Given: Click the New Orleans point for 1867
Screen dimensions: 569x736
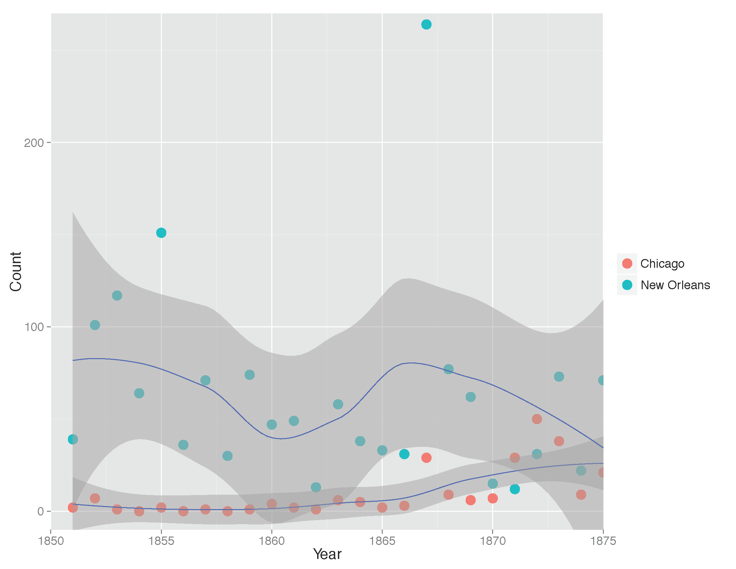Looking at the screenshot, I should pos(426,25).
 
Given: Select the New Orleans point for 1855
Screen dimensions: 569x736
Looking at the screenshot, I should pos(161,233).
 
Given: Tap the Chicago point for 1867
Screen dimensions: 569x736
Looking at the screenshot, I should pos(426,458).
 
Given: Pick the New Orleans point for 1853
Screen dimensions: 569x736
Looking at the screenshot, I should pos(117,296).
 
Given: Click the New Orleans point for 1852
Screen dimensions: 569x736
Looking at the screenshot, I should pos(95,325).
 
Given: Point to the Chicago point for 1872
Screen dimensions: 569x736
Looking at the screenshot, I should pos(537,419).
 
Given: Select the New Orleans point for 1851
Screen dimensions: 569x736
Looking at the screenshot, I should pos(73,439).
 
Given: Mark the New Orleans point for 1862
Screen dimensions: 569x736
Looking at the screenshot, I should pos(316,487).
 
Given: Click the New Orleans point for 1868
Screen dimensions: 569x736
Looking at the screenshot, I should pos(449,369).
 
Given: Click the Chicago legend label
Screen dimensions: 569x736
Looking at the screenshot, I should pos(662,264).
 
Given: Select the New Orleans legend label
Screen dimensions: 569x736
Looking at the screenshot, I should pos(675,285).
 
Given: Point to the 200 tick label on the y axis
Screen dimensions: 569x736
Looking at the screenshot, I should pos(34,143).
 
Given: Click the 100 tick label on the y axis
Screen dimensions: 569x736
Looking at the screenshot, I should pos(34,327).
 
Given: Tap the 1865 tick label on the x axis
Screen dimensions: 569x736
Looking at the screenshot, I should pos(382,541).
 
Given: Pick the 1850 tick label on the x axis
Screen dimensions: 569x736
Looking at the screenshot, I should pos(51,541).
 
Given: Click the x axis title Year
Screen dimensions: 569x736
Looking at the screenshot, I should pos(327,555).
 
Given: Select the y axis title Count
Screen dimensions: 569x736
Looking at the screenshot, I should pos(16,271).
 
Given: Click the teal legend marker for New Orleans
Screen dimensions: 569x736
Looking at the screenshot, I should pos(627,285).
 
